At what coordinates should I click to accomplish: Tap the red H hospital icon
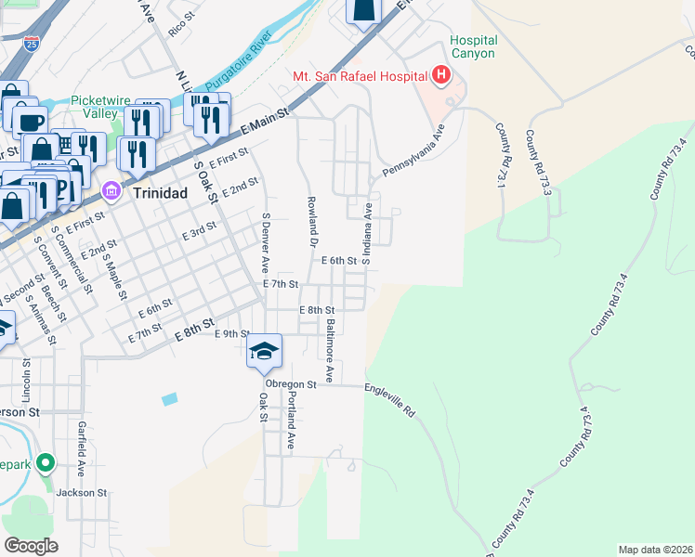coord(441,75)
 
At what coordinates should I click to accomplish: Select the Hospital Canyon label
coord(474,47)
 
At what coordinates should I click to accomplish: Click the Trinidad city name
coord(159,192)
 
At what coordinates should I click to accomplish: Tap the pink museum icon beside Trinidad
coord(111,191)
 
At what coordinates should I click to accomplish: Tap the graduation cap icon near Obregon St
coord(264,351)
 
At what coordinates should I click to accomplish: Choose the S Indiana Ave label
coord(367,234)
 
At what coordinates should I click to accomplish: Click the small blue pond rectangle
coord(168,399)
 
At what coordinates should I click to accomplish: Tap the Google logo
coord(31,545)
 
